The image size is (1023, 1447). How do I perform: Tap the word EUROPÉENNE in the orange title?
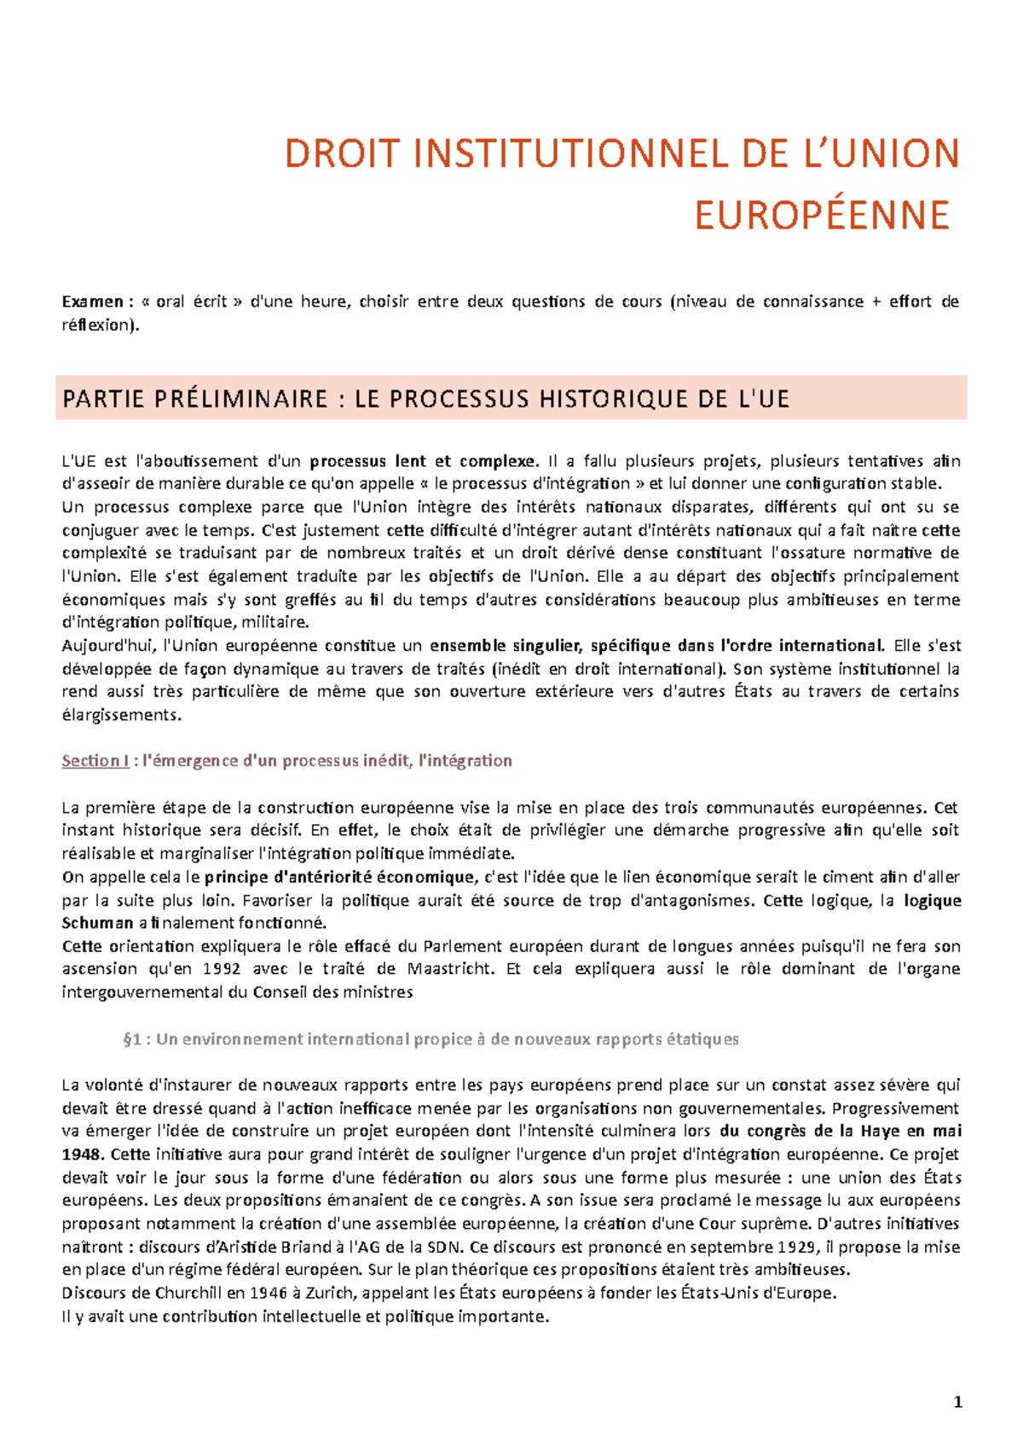(x=822, y=216)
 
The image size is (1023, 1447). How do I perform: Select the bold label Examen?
(x=93, y=302)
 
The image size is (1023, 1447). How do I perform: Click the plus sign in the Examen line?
(x=877, y=302)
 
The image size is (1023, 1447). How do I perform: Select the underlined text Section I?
(x=95, y=761)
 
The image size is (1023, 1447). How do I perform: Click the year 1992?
(x=221, y=969)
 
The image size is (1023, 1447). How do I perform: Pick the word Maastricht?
(x=449, y=969)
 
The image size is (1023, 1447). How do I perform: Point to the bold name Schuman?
(x=97, y=923)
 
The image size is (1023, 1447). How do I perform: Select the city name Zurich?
(x=325, y=1294)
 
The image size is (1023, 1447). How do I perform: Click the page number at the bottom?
(x=958, y=1403)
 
